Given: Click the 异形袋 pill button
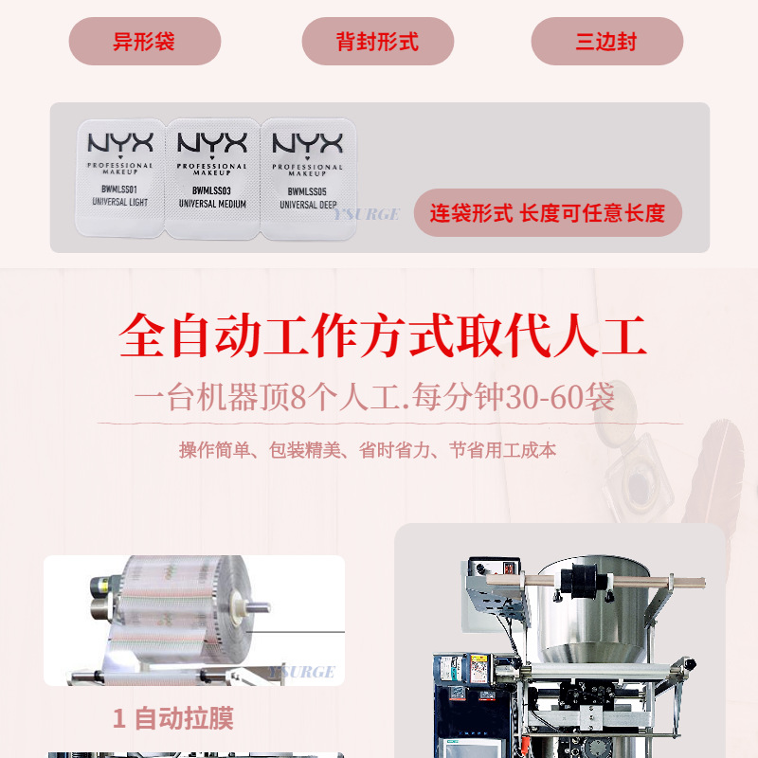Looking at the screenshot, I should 144,42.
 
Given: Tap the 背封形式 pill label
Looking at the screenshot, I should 377,42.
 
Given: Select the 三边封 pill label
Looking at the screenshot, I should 606,42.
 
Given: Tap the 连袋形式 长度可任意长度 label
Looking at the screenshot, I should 548,213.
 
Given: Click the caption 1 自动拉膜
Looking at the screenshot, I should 172,718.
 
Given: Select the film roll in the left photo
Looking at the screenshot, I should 180,606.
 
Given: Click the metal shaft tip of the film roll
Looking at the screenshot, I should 259,607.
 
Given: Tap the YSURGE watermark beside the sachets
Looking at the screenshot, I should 367,214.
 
